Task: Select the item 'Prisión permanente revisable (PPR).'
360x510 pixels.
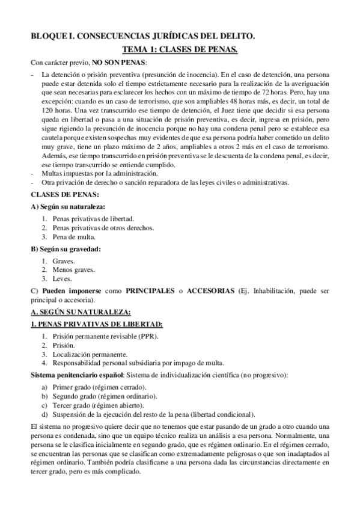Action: (x=105, y=336)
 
